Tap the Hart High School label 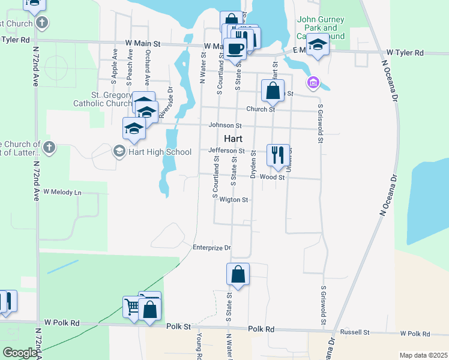pos(153,152)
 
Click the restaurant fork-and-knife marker pos(277,155)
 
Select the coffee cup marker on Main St pos(235,49)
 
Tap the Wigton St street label pos(234,200)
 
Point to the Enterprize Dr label pos(211,247)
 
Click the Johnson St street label pos(224,125)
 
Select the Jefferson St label pos(226,151)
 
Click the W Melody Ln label pos(61,193)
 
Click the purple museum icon pos(312,82)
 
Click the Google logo pos(20,353)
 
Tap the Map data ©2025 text pos(423,355)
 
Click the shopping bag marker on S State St pos(238,274)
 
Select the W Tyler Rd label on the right pos(405,53)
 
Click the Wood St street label pos(272,177)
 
